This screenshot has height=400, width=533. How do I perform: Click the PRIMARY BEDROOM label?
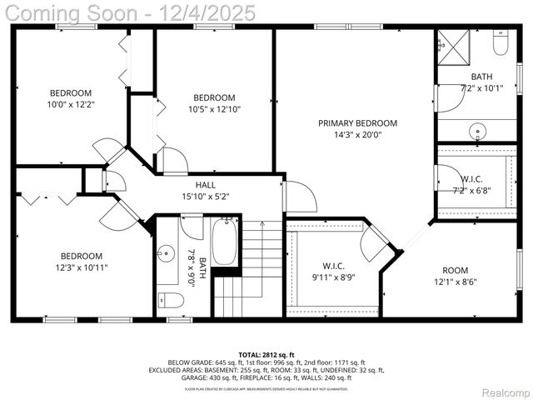357,123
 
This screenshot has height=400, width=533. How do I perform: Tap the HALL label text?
206,185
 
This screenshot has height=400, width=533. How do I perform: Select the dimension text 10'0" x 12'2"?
71,105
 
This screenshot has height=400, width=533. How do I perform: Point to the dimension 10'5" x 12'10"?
214,109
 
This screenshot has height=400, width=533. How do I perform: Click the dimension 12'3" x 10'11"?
81,267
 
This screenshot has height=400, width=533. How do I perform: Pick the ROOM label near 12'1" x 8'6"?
455,270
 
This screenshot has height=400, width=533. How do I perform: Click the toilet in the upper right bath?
501,44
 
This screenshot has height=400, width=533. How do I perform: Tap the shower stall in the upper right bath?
455,48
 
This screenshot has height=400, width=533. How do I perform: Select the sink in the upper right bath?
478,130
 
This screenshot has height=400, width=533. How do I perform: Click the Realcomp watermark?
506,392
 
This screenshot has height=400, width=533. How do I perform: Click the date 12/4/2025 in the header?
192,14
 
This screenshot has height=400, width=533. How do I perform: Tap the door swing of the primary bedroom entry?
300,197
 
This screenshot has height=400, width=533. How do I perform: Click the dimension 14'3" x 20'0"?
357,135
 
